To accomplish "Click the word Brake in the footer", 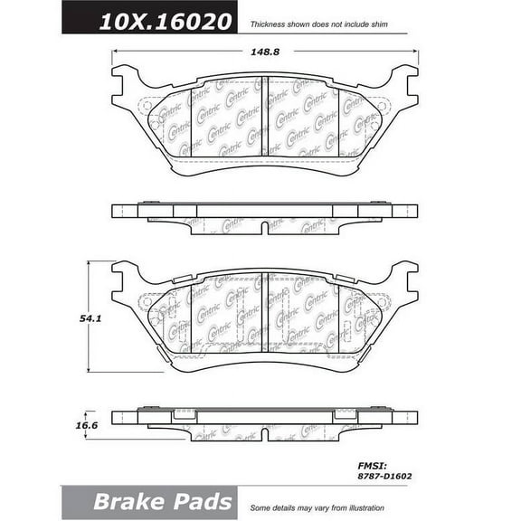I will tap(127, 501).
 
